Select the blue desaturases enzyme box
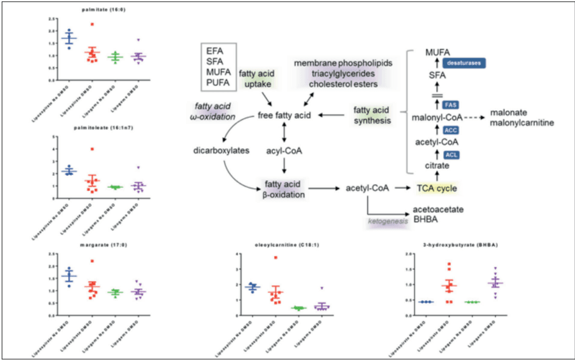[x=464, y=63]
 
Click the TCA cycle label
[x=438, y=187]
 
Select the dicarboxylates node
[x=217, y=151]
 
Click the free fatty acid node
[x=285, y=116]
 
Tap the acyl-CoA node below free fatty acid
[x=285, y=151]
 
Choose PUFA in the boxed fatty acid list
[x=218, y=82]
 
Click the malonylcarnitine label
[x=522, y=123]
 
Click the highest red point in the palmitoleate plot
[x=93, y=149]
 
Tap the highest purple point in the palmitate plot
[x=138, y=39]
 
